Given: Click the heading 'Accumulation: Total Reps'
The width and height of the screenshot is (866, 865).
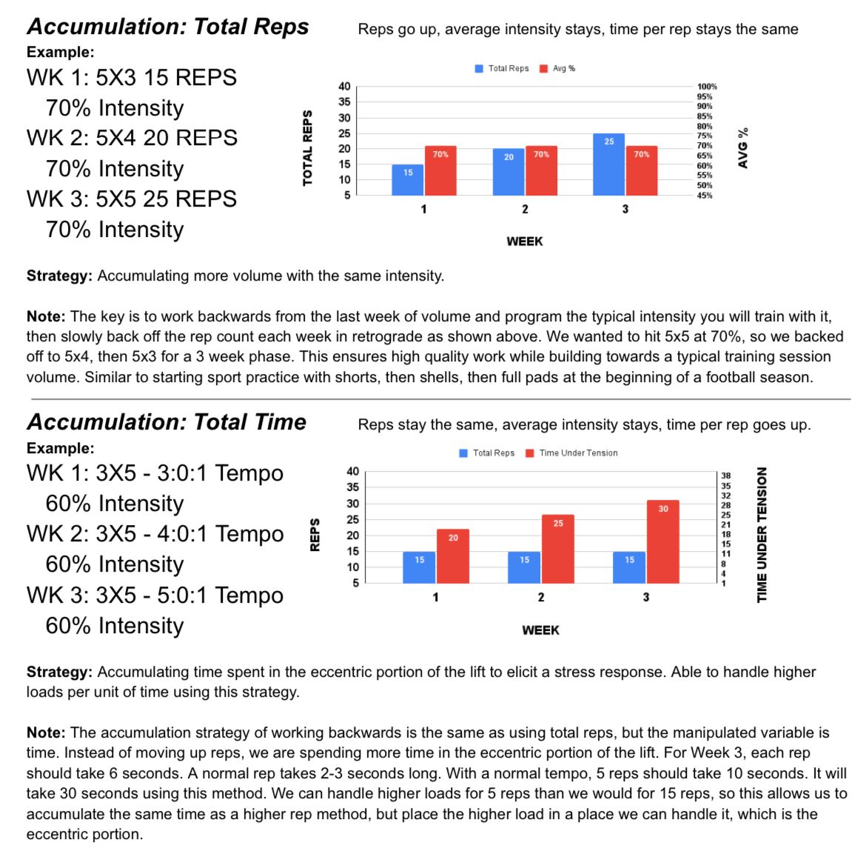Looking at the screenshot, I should pyautogui.click(x=168, y=27).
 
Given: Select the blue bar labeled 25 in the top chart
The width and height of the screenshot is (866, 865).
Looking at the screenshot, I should pyautogui.click(x=608, y=164).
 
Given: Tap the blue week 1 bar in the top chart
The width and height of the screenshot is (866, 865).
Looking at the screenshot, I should pyautogui.click(x=408, y=180).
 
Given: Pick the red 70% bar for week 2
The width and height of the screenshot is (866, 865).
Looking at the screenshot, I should pyautogui.click(x=541, y=170).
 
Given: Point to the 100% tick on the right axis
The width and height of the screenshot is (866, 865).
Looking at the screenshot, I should pyautogui.click(x=707, y=87).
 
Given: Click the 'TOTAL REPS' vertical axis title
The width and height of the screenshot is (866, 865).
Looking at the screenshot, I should pyautogui.click(x=308, y=148).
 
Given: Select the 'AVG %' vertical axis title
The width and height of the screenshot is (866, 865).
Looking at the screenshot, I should pyautogui.click(x=743, y=148).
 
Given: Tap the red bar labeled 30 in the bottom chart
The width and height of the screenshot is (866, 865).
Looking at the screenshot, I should pyautogui.click(x=662, y=541).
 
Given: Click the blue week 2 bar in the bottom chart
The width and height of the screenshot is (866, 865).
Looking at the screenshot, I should pyautogui.click(x=524, y=567).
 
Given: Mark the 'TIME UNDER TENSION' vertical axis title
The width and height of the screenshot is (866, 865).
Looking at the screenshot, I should pyautogui.click(x=762, y=535).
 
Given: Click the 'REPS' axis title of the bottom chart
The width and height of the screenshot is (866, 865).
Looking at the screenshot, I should pyautogui.click(x=315, y=535).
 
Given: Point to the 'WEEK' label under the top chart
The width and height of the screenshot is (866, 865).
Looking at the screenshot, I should pyautogui.click(x=525, y=241).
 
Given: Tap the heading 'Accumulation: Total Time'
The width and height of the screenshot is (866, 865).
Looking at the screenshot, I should pyautogui.click(x=167, y=422).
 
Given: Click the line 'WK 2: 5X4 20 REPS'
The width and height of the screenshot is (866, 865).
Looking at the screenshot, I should pyautogui.click(x=132, y=138).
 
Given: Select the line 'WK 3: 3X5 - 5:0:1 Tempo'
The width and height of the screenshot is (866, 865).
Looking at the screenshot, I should pyautogui.click(x=155, y=595).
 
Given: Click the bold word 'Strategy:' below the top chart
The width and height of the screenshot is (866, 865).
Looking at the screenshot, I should pyautogui.click(x=59, y=276).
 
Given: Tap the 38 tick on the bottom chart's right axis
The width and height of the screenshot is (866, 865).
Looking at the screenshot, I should pyautogui.click(x=726, y=476).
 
